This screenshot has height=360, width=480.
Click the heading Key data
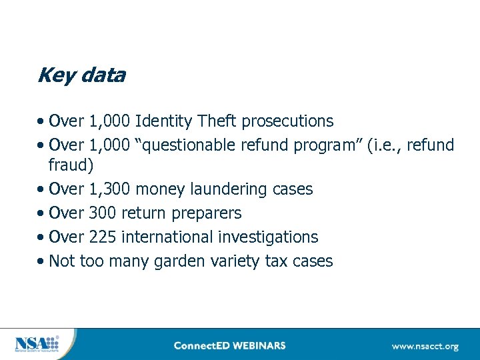tap(81, 75)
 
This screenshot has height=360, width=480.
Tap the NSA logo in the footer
tap(36, 344)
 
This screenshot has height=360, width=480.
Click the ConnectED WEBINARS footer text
tap(229, 345)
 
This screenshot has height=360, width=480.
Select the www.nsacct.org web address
tap(425, 346)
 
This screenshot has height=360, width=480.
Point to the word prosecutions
tap(287, 121)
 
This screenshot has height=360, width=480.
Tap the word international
tap(163, 237)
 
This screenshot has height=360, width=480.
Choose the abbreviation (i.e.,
tap(384, 145)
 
